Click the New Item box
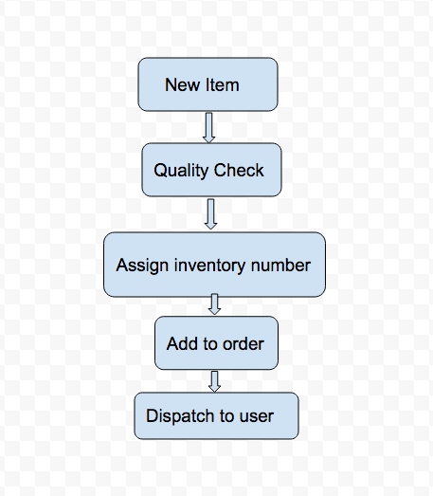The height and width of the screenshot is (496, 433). (x=207, y=84)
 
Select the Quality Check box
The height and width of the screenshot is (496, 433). (x=211, y=170)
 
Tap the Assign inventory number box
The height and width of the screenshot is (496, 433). (x=214, y=265)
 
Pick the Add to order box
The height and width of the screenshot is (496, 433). (x=216, y=343)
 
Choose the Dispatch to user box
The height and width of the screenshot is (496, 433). (x=216, y=415)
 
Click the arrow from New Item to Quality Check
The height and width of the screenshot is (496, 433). (x=208, y=127)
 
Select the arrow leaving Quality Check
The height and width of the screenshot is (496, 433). (x=210, y=214)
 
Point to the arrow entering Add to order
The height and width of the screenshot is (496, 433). (x=214, y=304)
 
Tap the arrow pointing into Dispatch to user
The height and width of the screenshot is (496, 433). (x=214, y=382)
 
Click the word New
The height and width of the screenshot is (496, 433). (x=182, y=84)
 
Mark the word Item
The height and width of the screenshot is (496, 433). (x=223, y=84)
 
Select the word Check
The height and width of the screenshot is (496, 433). (x=239, y=170)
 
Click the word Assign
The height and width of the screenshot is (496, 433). (x=142, y=266)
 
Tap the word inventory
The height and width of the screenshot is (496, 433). (x=209, y=266)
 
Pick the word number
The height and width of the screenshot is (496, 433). (x=280, y=265)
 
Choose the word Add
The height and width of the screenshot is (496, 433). (x=180, y=343)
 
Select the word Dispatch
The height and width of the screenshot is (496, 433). (x=180, y=416)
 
